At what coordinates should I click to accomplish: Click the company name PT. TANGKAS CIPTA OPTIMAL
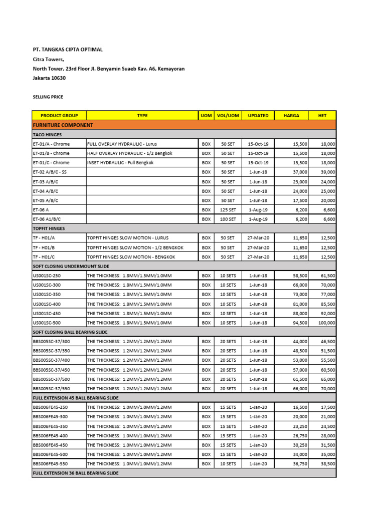[68, 50]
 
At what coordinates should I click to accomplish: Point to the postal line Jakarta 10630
[49, 78]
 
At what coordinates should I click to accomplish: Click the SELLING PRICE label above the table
[48, 97]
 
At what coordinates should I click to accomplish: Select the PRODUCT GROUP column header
[59, 115]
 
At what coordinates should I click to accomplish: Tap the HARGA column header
[291, 115]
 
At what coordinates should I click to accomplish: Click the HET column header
[322, 115]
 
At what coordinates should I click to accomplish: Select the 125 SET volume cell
[228, 210]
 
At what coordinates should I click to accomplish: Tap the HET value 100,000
[325, 323]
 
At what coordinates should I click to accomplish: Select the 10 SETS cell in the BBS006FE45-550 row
[228, 464]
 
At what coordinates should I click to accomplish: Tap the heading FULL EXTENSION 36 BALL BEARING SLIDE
[76, 473]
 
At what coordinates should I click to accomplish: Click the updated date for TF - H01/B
[259, 247]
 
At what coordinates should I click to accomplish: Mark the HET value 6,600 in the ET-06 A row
[328, 210]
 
